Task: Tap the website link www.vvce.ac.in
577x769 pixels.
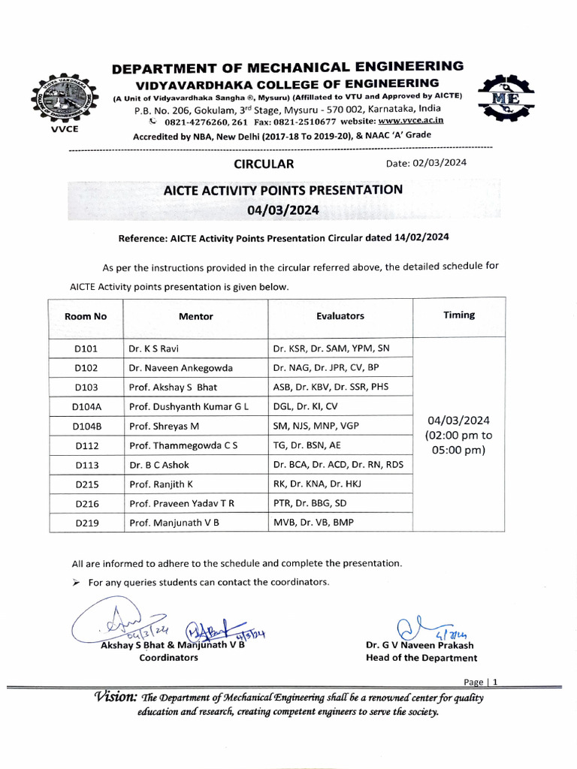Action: pos(411,120)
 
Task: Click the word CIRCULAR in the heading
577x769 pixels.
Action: pos(264,164)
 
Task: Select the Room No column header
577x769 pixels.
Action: pos(86,316)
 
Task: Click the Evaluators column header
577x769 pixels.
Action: pos(340,316)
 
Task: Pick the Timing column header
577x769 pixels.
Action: pos(458,315)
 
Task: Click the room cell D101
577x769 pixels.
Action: pos(86,348)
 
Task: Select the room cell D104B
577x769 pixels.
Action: pos(86,426)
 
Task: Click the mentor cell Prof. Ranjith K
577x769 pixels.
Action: pos(162,484)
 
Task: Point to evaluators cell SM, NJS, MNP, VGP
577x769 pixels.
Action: pos(316,426)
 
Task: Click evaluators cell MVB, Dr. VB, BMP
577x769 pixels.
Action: pos(315,522)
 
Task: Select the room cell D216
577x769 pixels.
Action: pos(86,503)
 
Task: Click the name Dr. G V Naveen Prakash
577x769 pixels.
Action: pos(420,645)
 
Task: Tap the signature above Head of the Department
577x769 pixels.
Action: pos(420,626)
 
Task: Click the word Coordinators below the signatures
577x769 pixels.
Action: pos(169,657)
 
